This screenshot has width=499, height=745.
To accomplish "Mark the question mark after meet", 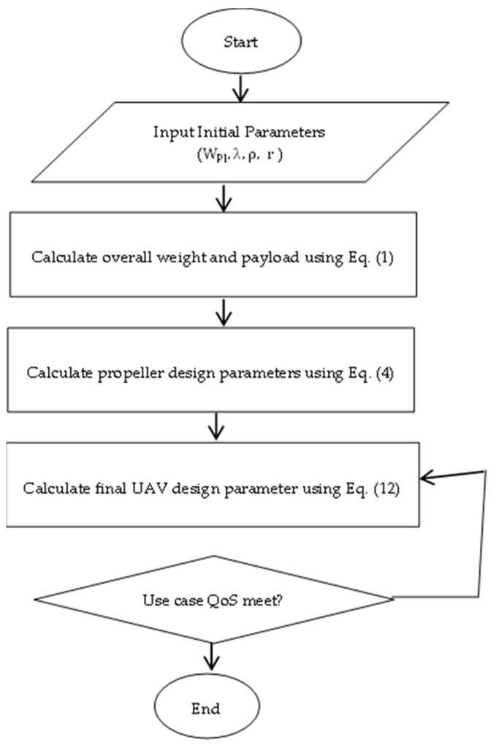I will click(x=272, y=603).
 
